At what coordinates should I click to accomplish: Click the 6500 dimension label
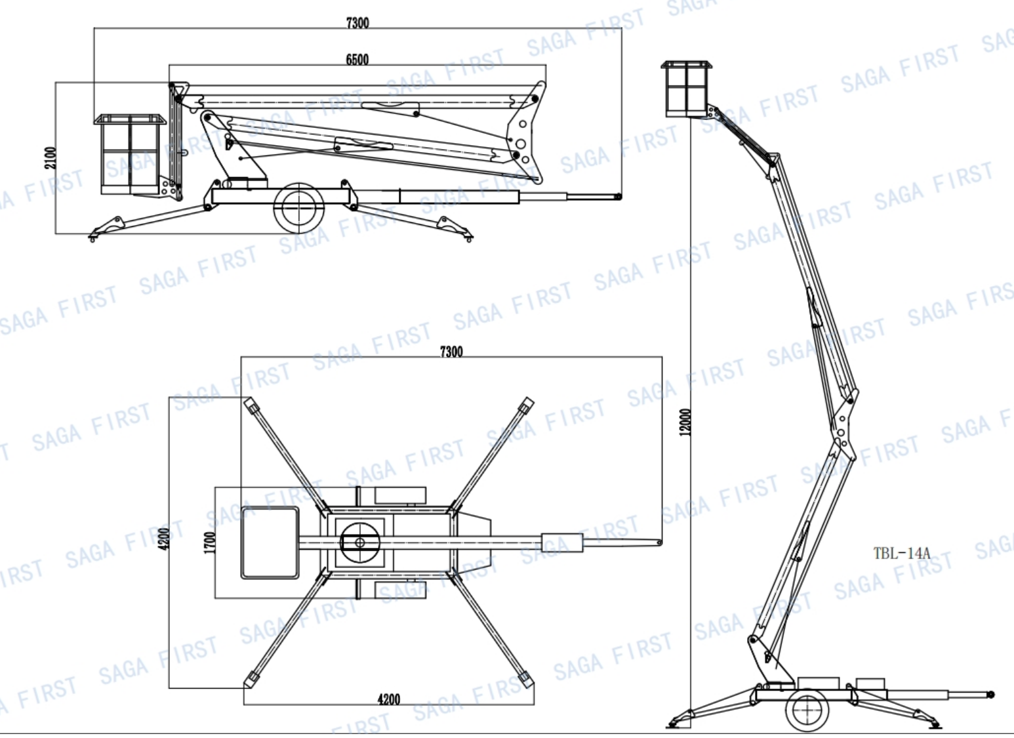point(357,60)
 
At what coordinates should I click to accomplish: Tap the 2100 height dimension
point(51,158)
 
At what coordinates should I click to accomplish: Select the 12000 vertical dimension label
point(686,422)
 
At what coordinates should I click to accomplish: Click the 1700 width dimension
point(210,543)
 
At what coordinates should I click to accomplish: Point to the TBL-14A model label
point(902,553)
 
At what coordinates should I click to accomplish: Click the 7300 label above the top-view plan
point(451,352)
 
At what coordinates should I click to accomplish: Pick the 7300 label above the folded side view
point(357,23)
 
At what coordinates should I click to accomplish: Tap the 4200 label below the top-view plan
point(389,699)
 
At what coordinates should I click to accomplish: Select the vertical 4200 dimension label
point(165,539)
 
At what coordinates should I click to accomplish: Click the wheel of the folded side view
point(299,208)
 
